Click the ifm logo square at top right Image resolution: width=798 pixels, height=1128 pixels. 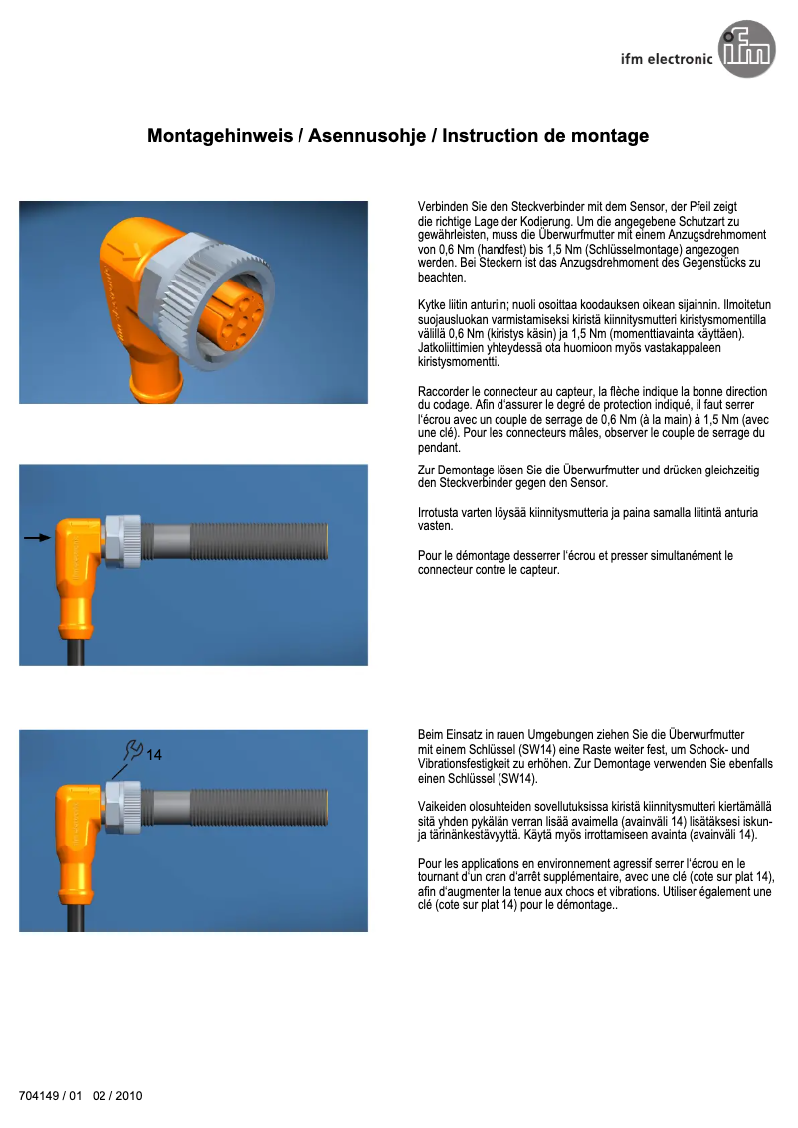[747, 51]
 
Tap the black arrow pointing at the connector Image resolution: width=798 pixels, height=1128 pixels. [37, 537]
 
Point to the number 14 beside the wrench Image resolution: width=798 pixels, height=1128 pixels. [154, 756]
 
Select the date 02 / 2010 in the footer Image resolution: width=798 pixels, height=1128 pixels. [118, 1096]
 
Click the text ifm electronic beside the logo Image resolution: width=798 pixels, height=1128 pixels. [666, 59]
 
